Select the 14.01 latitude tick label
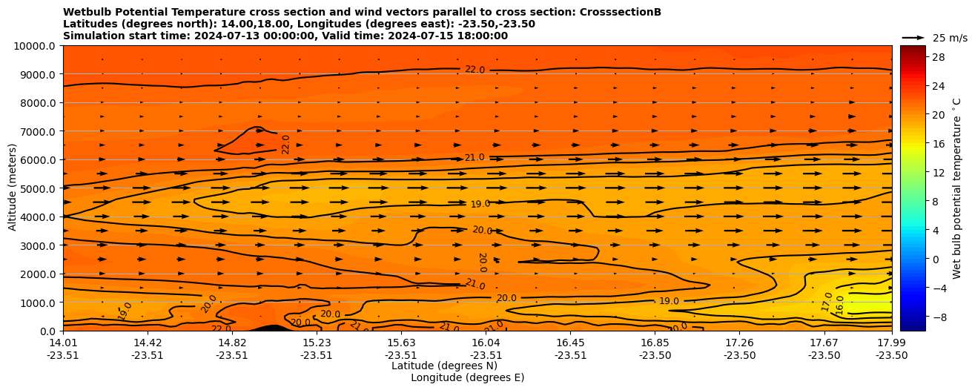coord(63,343)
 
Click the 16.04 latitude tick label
coord(486,343)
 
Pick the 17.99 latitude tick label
coord(891,343)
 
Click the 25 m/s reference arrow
coord(913,38)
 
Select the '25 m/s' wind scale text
coord(950,38)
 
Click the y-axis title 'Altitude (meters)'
coord(13,188)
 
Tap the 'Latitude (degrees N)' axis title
coord(444,366)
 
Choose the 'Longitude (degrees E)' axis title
coord(467,377)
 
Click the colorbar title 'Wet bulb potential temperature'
coord(957,188)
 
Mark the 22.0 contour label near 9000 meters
coord(475,70)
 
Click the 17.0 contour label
coord(827,302)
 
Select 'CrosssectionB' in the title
coord(618,12)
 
